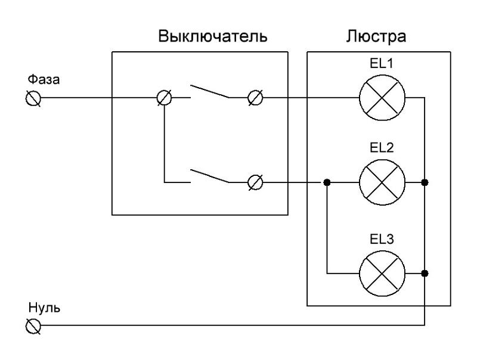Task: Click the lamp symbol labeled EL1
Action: (x=382, y=98)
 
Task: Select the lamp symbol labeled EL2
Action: (x=382, y=182)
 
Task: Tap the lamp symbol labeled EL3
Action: (x=382, y=274)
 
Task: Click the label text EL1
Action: (x=382, y=63)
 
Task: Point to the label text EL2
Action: (x=382, y=147)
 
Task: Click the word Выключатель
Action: (x=212, y=36)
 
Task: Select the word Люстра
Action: (x=376, y=36)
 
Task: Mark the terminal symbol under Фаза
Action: (x=33, y=98)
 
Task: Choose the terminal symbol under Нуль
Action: (x=33, y=326)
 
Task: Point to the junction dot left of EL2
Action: (x=327, y=182)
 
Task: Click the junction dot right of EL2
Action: (x=424, y=182)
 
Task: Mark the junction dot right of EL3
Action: (x=424, y=274)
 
